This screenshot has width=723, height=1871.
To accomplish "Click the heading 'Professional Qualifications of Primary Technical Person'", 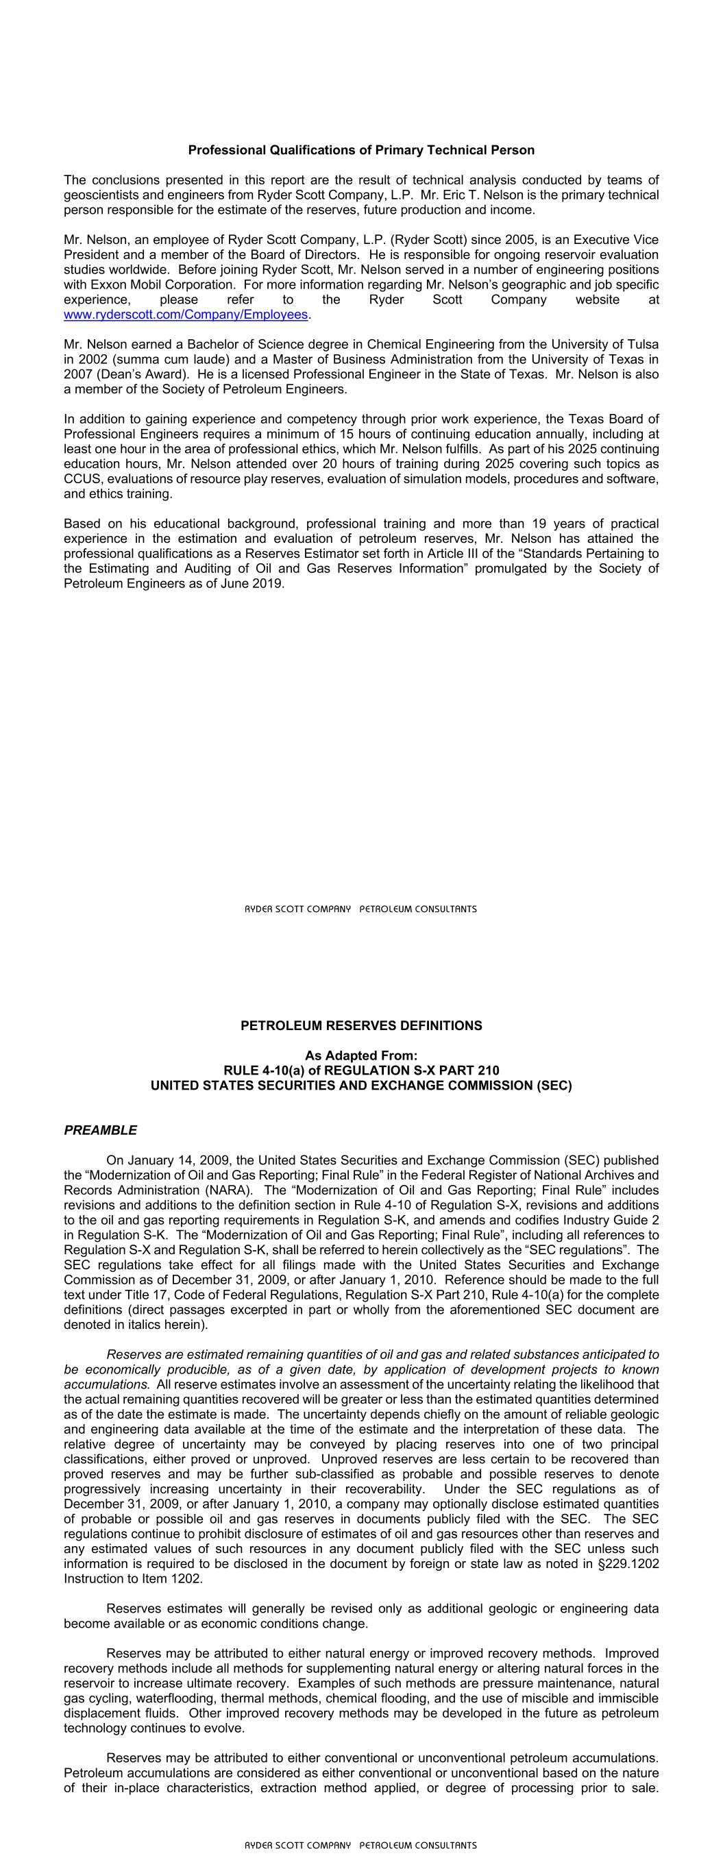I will point(361,150).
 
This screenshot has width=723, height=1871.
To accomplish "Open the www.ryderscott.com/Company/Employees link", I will point(186,315).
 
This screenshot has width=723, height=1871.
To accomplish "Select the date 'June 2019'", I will point(254,583).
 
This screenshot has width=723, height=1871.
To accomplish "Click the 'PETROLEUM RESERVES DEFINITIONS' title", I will point(361,1025).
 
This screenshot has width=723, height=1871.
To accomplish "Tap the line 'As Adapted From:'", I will point(361,1055).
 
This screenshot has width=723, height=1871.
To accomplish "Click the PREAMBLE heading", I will point(100,1130).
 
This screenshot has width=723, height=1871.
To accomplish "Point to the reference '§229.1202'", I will point(630,1563).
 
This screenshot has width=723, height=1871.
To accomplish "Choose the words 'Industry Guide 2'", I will point(613,1219).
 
